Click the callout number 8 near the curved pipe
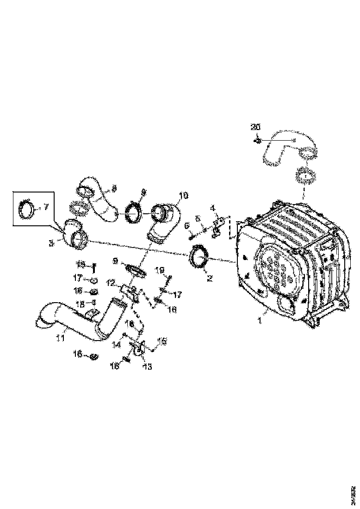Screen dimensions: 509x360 click(x=114, y=188)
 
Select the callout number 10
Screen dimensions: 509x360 click(x=184, y=195)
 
